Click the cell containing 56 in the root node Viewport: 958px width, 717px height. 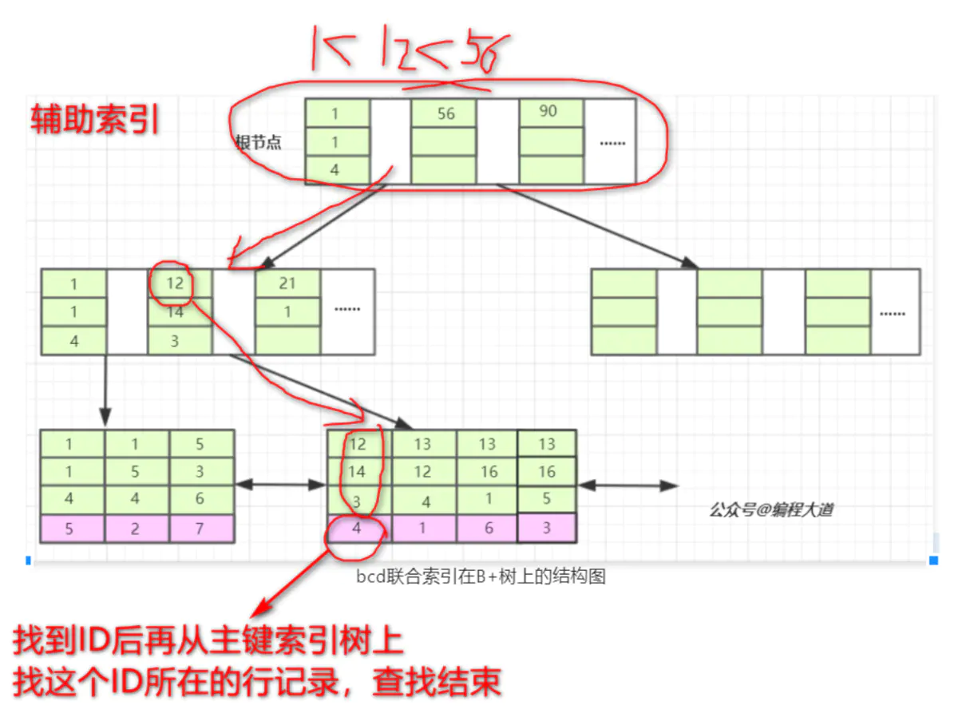[444, 113]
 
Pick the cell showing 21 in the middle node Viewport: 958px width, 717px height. [287, 284]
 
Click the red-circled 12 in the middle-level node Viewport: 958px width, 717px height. [176, 283]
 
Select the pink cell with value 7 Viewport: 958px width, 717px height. [201, 529]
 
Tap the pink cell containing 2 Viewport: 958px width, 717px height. [137, 529]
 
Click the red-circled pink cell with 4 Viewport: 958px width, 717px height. [357, 529]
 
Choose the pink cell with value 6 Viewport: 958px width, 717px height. [488, 529]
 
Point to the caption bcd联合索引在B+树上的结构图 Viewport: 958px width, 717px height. [481, 576]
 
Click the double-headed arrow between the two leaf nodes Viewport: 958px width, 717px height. [280, 485]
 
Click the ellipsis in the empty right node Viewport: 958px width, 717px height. [894, 313]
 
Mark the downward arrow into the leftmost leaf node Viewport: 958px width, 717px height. [105, 391]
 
